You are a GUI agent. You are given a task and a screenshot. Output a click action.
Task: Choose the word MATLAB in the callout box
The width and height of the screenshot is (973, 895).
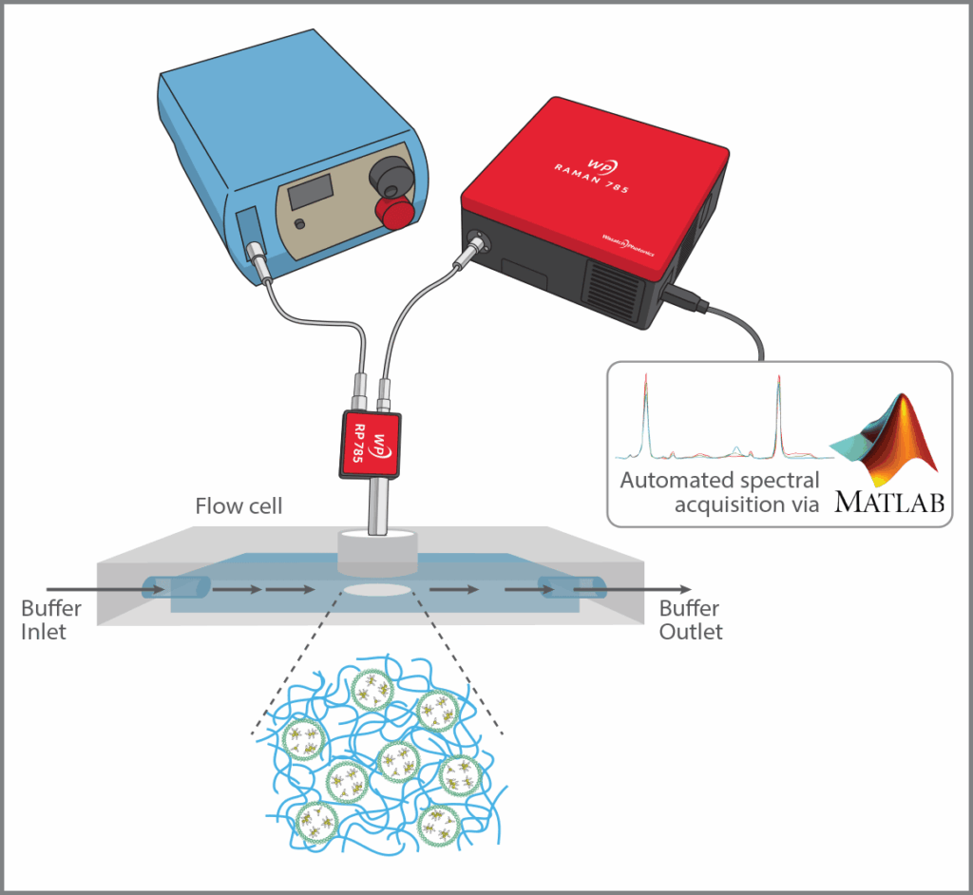889,500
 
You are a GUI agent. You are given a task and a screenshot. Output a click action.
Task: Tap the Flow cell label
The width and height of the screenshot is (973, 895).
238,505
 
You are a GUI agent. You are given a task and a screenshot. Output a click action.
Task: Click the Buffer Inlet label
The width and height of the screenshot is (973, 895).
51,619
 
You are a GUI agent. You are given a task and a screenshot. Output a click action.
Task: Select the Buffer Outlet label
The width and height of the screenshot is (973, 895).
691,619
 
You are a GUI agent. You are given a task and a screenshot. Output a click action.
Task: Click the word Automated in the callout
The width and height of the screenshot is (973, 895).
671,480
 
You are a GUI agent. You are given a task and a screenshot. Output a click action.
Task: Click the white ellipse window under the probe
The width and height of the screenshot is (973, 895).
378,590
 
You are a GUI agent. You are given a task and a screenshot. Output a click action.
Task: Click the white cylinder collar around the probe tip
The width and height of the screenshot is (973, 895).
377,551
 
